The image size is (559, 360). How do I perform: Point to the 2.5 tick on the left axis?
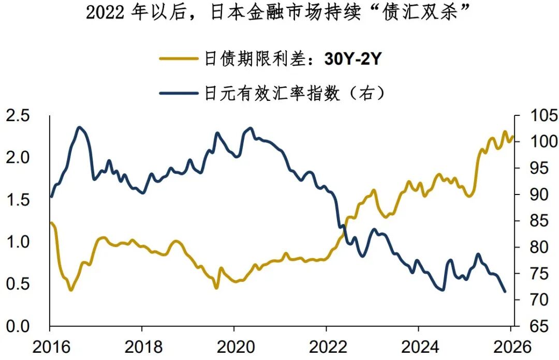point(19,115)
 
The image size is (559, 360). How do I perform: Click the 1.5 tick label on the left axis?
point(19,200)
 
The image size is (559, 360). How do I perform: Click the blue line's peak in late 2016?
point(79,127)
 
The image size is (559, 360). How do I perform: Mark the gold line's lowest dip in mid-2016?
point(70,290)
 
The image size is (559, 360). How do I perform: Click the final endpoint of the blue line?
point(505,292)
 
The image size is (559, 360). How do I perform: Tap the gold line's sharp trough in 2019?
point(216,288)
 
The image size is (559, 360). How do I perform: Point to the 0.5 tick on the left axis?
point(19,284)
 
